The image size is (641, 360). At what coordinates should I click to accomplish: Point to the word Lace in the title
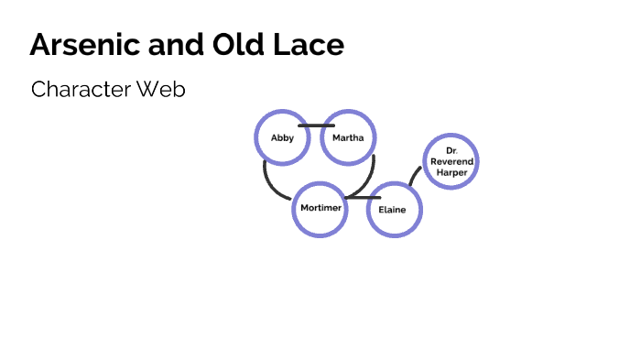pos(313,45)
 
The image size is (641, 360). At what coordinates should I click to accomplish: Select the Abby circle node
pos(282,137)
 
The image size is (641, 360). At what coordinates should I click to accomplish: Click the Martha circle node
pos(348,137)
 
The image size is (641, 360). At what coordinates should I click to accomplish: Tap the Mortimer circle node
pos(320,209)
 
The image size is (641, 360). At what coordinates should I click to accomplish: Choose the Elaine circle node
pos(394,210)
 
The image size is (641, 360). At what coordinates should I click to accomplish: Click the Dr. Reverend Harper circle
pos(451,161)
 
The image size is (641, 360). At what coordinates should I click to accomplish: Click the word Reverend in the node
pos(451,160)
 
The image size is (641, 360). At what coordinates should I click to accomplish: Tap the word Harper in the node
pos(451,171)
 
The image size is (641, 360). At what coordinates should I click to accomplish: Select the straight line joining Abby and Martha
pos(316,125)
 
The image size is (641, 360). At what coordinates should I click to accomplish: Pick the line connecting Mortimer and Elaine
pos(363,197)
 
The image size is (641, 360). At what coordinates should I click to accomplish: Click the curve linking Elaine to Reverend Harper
pos(414,176)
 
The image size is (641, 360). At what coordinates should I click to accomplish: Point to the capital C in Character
pos(38,90)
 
